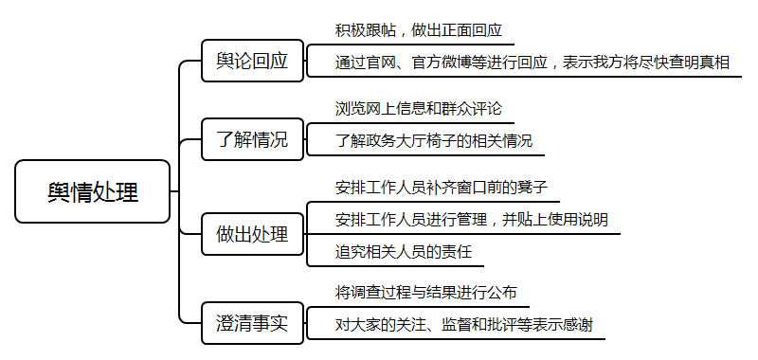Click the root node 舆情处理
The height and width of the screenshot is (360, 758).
click(x=92, y=191)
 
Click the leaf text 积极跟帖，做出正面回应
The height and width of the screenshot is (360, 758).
click(x=418, y=30)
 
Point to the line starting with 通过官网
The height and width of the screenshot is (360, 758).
click(x=532, y=63)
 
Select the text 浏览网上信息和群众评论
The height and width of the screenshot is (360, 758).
click(x=418, y=109)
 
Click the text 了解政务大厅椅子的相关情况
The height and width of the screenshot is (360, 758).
click(x=433, y=141)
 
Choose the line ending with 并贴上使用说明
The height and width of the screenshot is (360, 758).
click(x=471, y=219)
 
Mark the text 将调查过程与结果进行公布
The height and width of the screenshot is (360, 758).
click(x=425, y=291)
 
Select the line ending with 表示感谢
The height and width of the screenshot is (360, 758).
click(x=464, y=324)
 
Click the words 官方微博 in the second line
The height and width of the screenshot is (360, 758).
click(x=441, y=63)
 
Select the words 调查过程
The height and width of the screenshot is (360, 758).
click(x=387, y=291)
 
